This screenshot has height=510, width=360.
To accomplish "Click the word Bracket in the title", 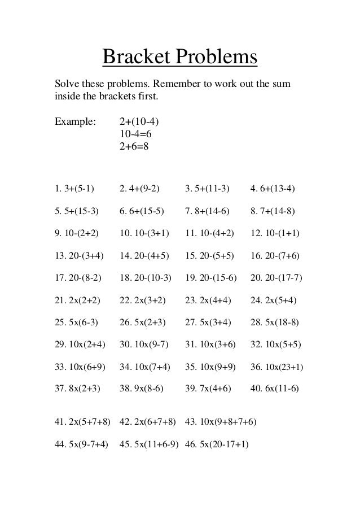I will tap(137, 57).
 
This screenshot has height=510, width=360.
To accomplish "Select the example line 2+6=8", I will tap(134, 146).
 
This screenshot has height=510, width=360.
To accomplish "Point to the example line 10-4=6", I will tap(136, 134).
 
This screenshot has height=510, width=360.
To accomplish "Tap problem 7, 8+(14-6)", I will tap(207, 211).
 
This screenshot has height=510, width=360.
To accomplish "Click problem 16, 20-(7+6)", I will tap(274, 255).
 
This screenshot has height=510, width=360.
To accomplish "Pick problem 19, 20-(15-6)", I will tap(211, 278).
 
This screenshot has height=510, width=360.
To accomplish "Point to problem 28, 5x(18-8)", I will tap(274, 322).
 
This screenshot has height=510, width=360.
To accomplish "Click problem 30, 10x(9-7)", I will tap(144, 345).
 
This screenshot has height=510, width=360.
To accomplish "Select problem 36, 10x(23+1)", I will tap(276, 367).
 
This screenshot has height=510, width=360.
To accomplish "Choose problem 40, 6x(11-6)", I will tap(274, 389).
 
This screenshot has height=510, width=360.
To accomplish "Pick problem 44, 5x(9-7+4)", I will tap(81, 443).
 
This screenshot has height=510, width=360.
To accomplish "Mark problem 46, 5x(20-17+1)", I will tap(217, 443).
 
